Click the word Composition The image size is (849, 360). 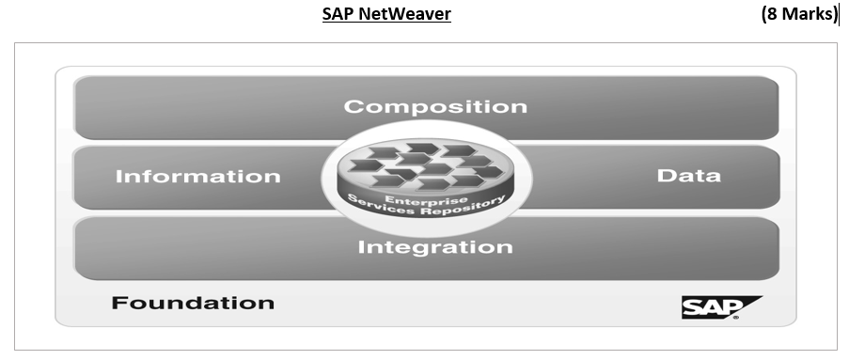pos(435,106)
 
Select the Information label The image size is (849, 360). pos(197,177)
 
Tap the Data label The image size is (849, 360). pos(688,176)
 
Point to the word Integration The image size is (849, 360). pos(435,248)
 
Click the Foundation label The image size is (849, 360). pos(193,303)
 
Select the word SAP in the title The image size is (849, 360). pos(338,14)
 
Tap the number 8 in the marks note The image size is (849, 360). pos(771,14)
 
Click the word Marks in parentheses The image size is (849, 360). pos(805,14)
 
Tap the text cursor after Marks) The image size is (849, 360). pos(839,14)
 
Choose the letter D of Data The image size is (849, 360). pos(664,176)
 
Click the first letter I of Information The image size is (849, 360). pos(118,177)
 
